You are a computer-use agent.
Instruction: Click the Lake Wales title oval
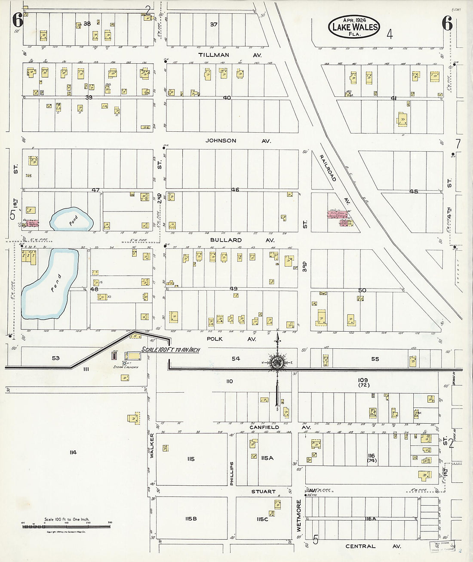354,27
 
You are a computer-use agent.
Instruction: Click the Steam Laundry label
124,367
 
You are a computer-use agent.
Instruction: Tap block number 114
72,452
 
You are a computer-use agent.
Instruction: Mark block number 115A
267,458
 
